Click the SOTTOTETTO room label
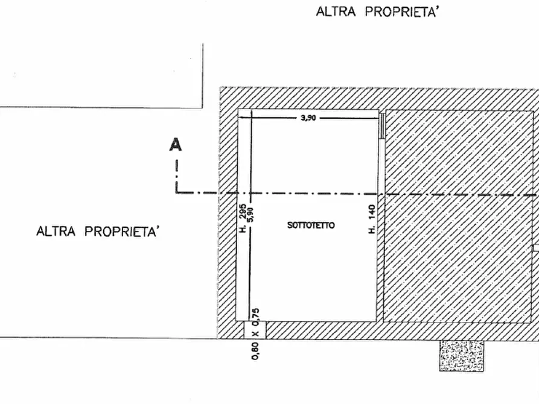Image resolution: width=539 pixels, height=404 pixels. pyautogui.click(x=311, y=226)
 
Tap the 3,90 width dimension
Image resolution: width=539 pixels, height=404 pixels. pyautogui.click(x=308, y=118)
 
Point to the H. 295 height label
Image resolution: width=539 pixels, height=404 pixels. pyautogui.click(x=243, y=218)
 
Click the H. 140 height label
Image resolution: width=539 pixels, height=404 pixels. pyautogui.click(x=372, y=219)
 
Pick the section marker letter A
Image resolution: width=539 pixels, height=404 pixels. pyautogui.click(x=175, y=145)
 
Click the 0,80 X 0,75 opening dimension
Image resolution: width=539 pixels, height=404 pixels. pyautogui.click(x=255, y=334)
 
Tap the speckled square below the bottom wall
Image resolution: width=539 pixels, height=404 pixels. pyautogui.click(x=461, y=356)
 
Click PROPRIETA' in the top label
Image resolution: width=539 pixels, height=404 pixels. pyautogui.click(x=401, y=11)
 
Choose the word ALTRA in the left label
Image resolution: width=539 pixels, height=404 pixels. pyautogui.click(x=56, y=231)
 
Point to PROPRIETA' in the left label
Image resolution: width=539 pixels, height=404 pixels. pyautogui.click(x=122, y=231)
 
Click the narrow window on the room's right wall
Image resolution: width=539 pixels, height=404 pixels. pyautogui.click(x=381, y=126)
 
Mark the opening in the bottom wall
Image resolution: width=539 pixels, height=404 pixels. pyautogui.click(x=255, y=330)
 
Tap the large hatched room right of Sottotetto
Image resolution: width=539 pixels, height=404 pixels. pyautogui.click(x=459, y=216)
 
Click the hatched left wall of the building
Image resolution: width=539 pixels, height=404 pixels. pyautogui.click(x=227, y=213)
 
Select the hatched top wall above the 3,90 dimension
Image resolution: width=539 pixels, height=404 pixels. pyautogui.click(x=378, y=99)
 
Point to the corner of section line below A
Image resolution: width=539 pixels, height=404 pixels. pyautogui.click(x=177, y=192)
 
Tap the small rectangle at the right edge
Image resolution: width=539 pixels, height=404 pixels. pyautogui.click(x=536, y=248)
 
